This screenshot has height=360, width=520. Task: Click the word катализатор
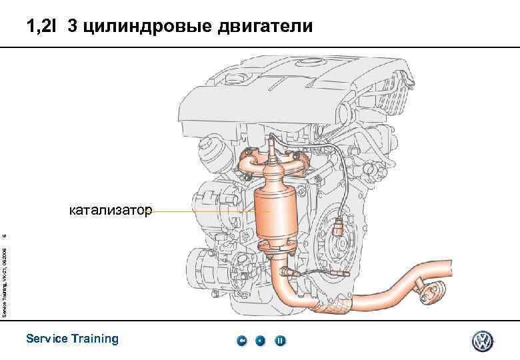[x=111, y=211]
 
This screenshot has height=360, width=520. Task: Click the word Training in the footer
[x=95, y=339]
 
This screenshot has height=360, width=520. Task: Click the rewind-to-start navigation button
[x=242, y=341]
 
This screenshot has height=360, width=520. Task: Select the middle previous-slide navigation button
[x=261, y=341]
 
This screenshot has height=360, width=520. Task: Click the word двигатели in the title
[x=263, y=27]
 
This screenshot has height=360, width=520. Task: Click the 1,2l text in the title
[x=42, y=27]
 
